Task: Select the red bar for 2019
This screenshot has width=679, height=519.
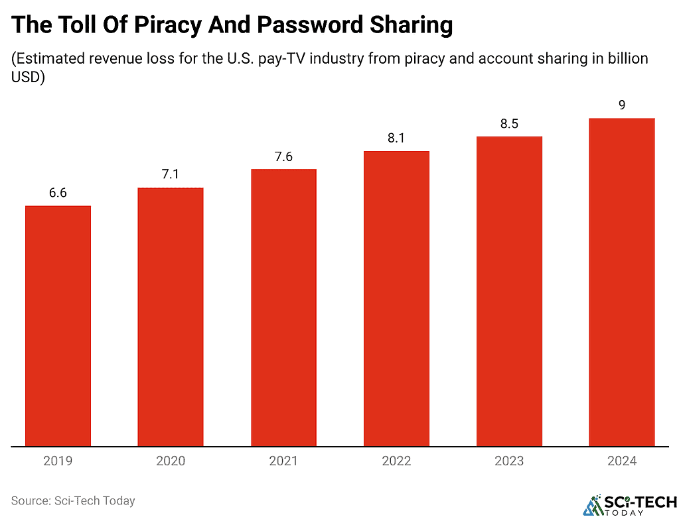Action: (x=58, y=326)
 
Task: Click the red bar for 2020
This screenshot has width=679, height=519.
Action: (x=171, y=317)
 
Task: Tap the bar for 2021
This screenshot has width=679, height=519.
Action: (x=283, y=308)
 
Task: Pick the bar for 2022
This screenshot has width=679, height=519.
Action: (x=396, y=299)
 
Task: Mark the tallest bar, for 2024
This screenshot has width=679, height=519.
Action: (x=622, y=282)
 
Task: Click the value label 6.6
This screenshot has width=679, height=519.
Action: (x=58, y=194)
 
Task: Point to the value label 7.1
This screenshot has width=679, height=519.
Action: (x=171, y=175)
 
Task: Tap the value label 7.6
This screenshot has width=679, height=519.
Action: (x=283, y=157)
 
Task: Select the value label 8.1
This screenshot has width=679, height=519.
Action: (x=396, y=139)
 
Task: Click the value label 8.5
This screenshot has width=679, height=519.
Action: (x=509, y=124)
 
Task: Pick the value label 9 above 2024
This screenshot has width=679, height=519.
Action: (x=622, y=105)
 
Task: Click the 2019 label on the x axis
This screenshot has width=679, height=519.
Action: (x=58, y=461)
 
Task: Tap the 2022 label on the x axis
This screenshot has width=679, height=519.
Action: (x=396, y=461)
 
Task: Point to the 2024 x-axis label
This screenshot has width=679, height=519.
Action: (x=622, y=461)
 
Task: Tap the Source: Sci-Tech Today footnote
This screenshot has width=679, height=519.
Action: (x=73, y=501)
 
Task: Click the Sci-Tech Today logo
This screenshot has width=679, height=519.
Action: (x=629, y=504)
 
